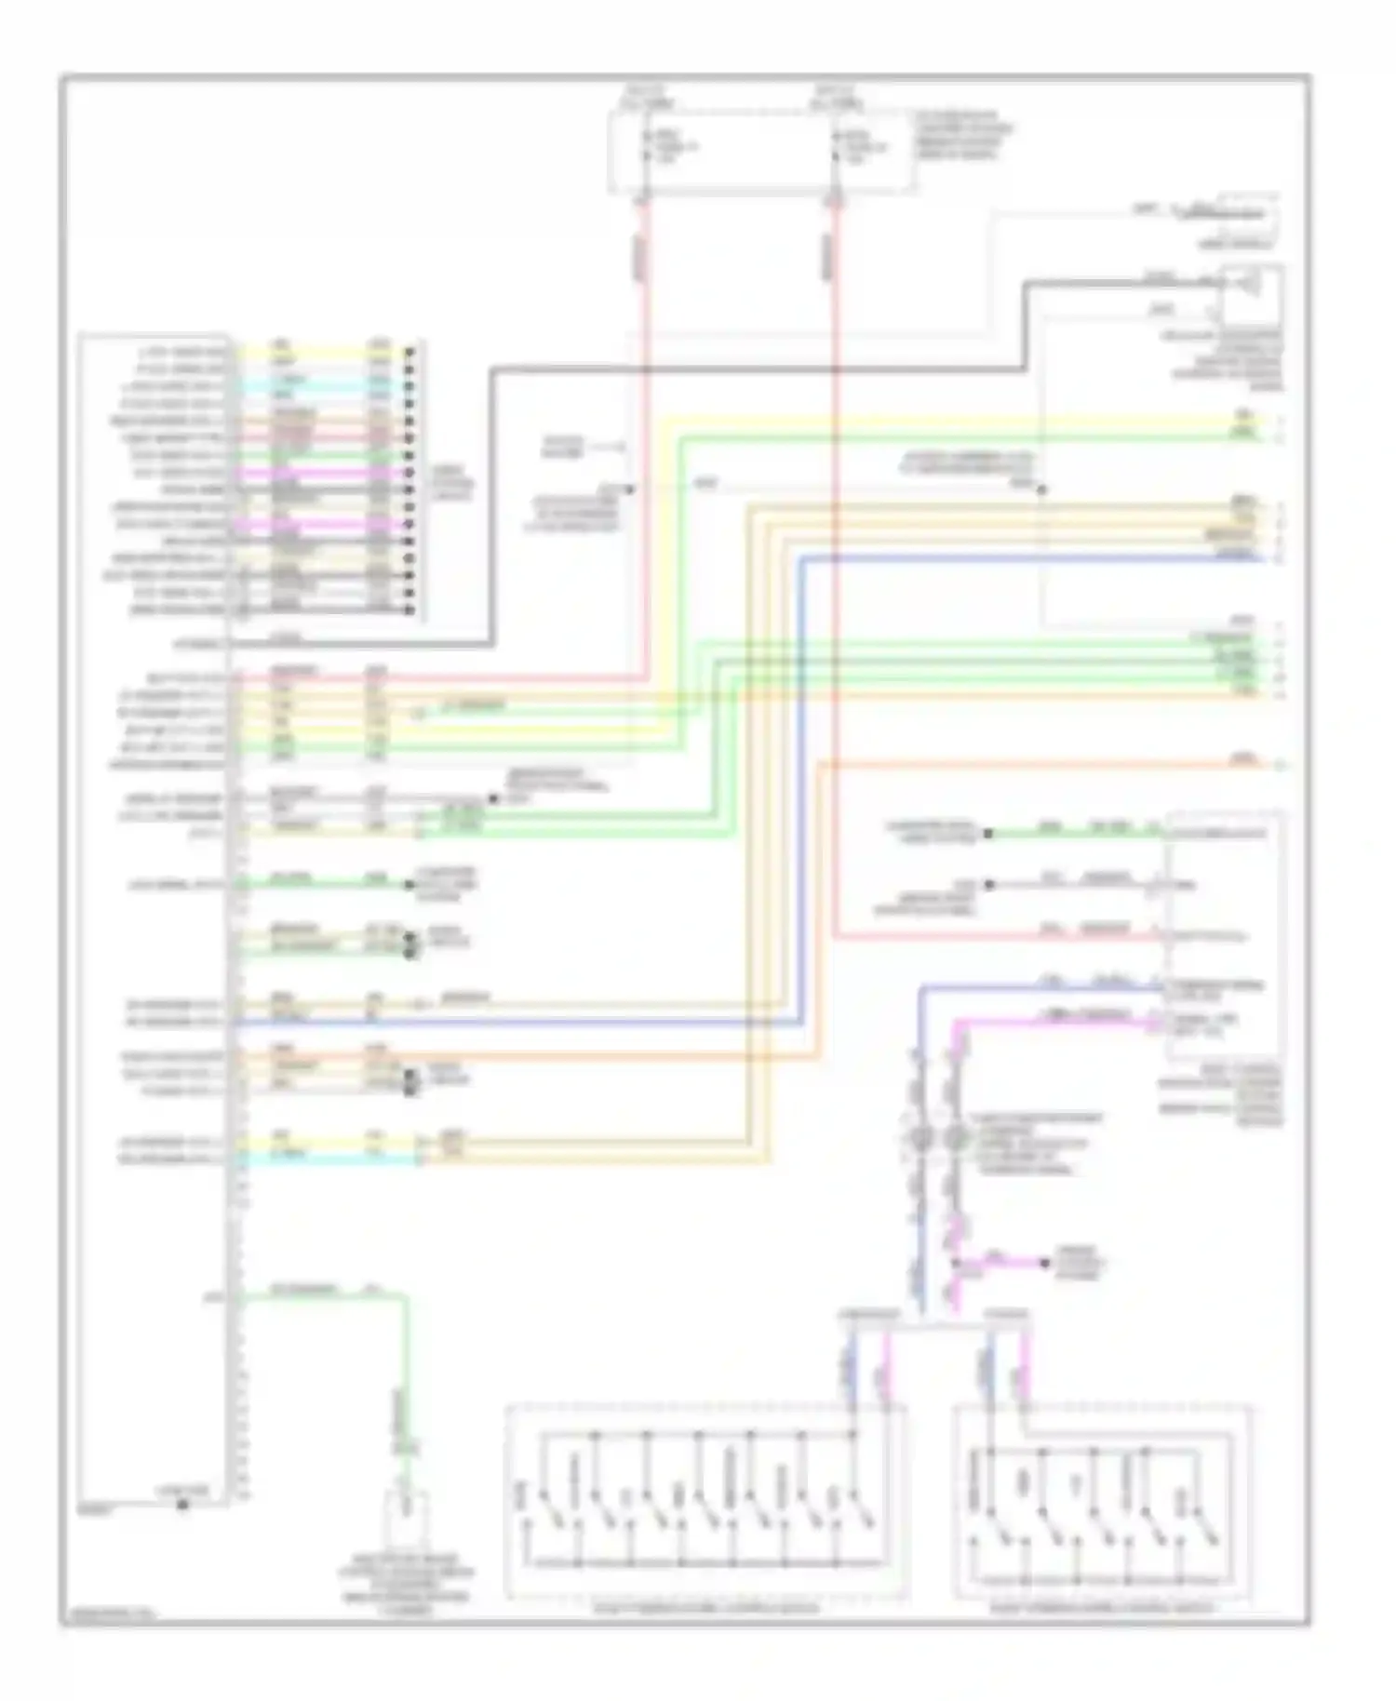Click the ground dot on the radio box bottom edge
tap(183, 1504)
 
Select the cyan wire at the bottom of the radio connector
tap(326, 1159)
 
